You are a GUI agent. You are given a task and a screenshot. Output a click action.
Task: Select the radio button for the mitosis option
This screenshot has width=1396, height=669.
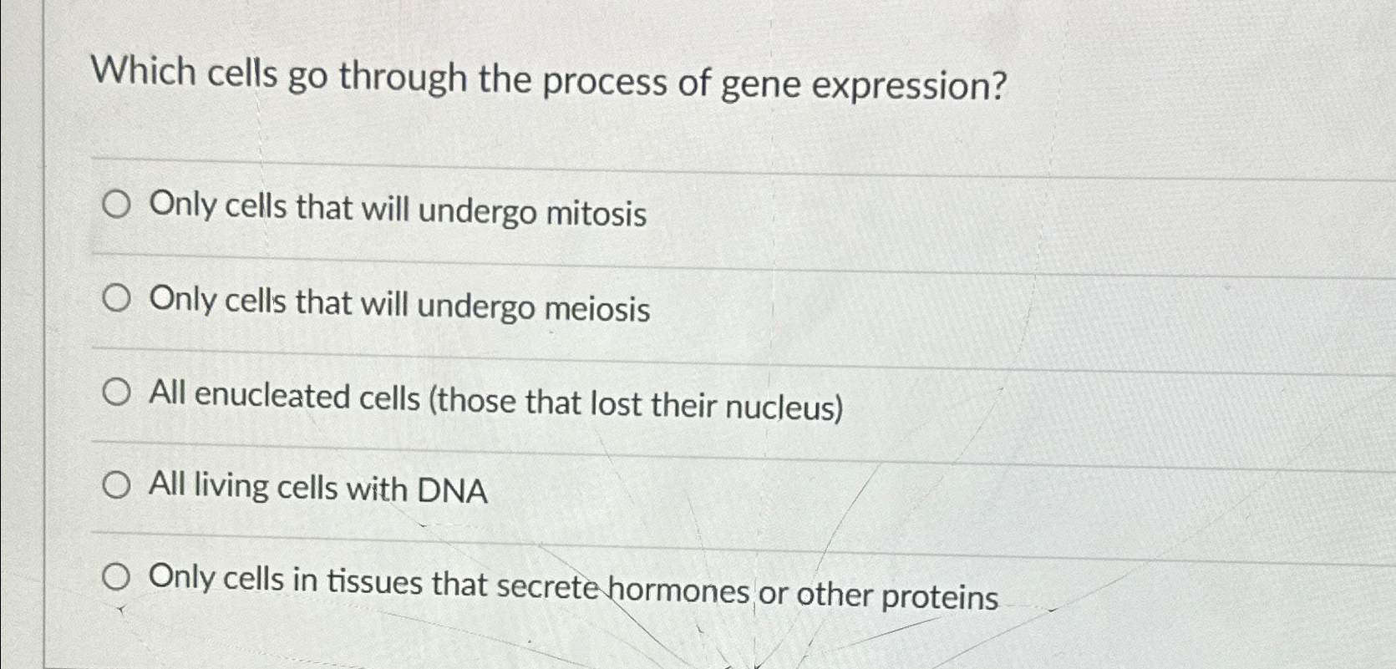pos(116,205)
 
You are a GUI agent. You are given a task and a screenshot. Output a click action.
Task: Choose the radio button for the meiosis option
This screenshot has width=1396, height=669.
pos(116,298)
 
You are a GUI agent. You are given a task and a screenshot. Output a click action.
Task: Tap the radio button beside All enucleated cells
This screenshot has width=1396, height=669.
pos(116,392)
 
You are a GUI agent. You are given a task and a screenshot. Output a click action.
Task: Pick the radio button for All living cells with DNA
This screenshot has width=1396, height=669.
pos(116,484)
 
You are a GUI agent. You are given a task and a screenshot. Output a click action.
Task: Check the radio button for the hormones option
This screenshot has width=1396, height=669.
pos(116,576)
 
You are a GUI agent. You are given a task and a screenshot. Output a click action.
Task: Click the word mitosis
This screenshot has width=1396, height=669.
pos(596,214)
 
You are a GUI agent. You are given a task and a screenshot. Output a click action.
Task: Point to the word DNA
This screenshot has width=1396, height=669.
pos(452,491)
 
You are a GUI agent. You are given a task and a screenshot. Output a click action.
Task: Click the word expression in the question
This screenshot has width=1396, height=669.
pos(909,86)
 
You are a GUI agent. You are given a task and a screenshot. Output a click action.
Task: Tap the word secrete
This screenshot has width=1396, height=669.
pos(548,586)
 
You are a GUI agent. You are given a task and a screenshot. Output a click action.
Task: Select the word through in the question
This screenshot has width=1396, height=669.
pos(403,78)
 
